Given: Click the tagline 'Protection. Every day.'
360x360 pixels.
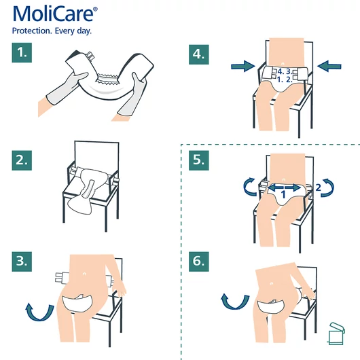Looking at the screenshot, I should click(x=52, y=31).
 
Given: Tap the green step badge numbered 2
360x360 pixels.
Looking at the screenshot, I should click(x=24, y=161).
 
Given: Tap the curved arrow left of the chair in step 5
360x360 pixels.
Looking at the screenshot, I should click(x=251, y=187).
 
